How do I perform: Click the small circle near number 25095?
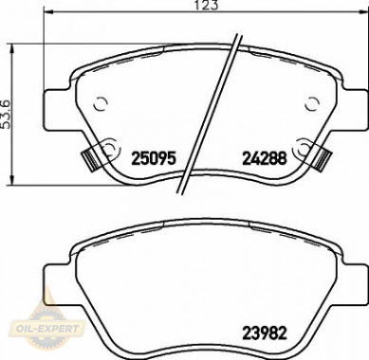point(106,147)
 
